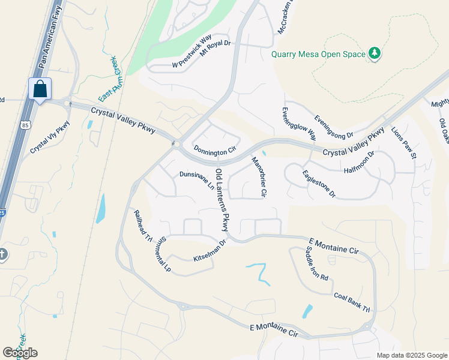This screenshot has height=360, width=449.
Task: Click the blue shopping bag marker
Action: coord(40,89)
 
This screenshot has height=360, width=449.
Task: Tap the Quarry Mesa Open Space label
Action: coord(318,54)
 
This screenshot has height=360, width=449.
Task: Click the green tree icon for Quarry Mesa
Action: coord(375,53)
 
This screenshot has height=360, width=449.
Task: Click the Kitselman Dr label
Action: coord(209,251)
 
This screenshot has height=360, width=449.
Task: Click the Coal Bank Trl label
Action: coord(352,301)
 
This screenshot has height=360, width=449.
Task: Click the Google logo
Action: coord(20,353)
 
